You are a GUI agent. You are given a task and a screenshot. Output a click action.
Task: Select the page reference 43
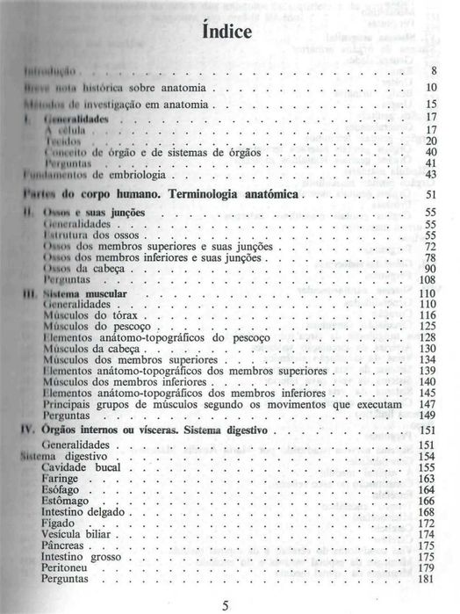coord(430,174)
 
